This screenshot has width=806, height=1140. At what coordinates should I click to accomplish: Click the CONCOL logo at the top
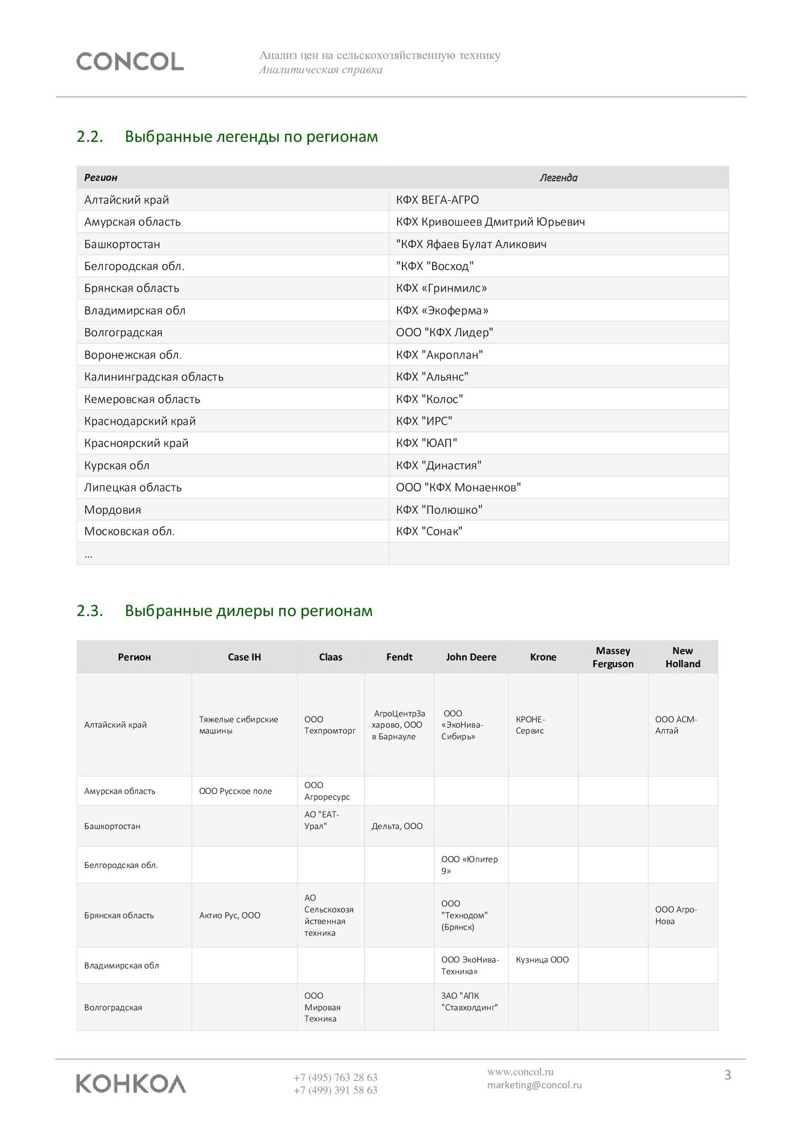coord(130,61)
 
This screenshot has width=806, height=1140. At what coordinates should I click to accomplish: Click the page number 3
coord(727,1074)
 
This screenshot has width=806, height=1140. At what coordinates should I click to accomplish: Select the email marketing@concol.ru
coord(534,1085)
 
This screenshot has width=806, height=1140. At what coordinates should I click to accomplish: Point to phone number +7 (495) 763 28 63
coord(335,1077)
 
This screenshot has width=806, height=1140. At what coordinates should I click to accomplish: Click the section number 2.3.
coord(90,611)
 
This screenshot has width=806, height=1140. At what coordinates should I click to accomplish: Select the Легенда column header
coord(558,177)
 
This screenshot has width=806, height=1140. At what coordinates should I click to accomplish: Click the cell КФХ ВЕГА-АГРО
coord(437,200)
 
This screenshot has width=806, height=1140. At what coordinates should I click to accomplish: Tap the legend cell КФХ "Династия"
coord(438,465)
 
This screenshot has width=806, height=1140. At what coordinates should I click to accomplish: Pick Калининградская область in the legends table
coord(154,377)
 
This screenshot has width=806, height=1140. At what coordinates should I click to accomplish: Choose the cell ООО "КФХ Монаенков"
coord(458,487)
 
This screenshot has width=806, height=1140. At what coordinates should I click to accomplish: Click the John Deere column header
coord(471,657)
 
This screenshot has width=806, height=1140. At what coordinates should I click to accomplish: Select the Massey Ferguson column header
coord(613,657)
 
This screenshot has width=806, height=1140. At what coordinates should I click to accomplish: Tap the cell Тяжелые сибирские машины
coord(239,725)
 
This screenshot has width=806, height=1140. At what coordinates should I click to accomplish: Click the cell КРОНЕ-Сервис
coord(530,725)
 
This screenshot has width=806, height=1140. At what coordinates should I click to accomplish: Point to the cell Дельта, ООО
coord(397,826)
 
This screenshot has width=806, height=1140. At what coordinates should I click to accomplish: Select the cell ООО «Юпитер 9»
coord(469,865)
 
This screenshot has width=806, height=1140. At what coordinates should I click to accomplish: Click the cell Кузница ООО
coord(542,960)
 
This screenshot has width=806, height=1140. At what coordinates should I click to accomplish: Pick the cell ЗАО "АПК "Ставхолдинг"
coord(469,1002)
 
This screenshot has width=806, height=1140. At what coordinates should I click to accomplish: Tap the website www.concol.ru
coord(520,1071)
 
